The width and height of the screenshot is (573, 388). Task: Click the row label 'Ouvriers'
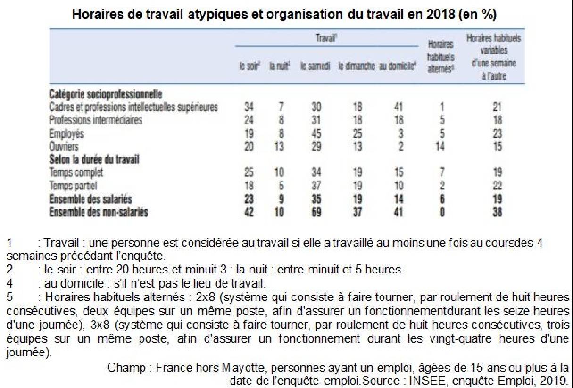click(64, 147)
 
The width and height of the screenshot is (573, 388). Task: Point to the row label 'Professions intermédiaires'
click(95, 120)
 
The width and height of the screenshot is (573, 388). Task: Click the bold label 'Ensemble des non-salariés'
click(99, 212)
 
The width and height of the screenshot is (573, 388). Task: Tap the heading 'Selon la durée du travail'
click(94, 160)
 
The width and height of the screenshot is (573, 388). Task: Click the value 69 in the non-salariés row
click(316, 212)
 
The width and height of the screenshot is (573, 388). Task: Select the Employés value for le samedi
click(316, 133)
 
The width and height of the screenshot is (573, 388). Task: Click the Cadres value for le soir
click(249, 107)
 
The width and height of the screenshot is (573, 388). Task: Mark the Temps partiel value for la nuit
click(280, 186)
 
